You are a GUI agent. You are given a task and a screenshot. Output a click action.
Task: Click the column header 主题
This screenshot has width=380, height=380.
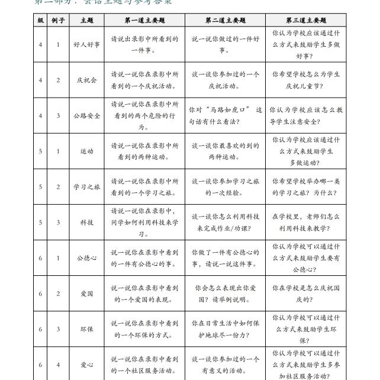(x=86, y=21)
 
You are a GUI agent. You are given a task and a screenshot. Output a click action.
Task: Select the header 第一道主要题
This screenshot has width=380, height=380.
(x=144, y=21)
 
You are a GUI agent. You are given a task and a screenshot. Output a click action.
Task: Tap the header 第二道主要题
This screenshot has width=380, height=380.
(x=225, y=21)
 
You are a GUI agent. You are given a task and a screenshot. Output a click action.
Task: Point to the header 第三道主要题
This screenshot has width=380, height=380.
(x=305, y=21)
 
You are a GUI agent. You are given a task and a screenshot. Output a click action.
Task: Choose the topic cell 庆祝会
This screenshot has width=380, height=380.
(x=86, y=80)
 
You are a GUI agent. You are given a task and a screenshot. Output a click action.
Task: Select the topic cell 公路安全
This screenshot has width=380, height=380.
(x=86, y=115)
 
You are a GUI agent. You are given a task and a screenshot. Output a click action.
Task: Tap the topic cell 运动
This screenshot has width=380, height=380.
(x=86, y=151)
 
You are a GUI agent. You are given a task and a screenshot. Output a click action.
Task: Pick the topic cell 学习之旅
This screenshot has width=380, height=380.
(x=86, y=186)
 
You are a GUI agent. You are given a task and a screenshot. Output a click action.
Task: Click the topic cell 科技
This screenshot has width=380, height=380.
(x=86, y=222)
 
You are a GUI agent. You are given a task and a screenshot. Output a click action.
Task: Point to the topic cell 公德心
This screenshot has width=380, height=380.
(x=86, y=258)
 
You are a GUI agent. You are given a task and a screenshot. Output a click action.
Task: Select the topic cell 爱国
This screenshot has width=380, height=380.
(x=86, y=294)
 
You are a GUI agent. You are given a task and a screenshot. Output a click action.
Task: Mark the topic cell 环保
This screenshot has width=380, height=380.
(x=86, y=329)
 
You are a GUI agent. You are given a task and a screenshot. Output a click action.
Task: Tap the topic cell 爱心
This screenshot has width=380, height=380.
(x=86, y=365)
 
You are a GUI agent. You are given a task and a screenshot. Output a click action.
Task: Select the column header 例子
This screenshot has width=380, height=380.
(x=58, y=21)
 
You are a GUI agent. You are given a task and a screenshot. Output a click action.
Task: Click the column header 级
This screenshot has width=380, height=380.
(x=40, y=21)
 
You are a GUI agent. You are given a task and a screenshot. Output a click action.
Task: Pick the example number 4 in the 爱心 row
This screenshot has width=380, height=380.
(x=58, y=365)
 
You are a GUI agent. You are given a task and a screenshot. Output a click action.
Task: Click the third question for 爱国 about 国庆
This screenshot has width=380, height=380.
(x=305, y=294)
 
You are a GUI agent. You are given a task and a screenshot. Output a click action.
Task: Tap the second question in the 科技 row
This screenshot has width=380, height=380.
(x=225, y=222)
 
